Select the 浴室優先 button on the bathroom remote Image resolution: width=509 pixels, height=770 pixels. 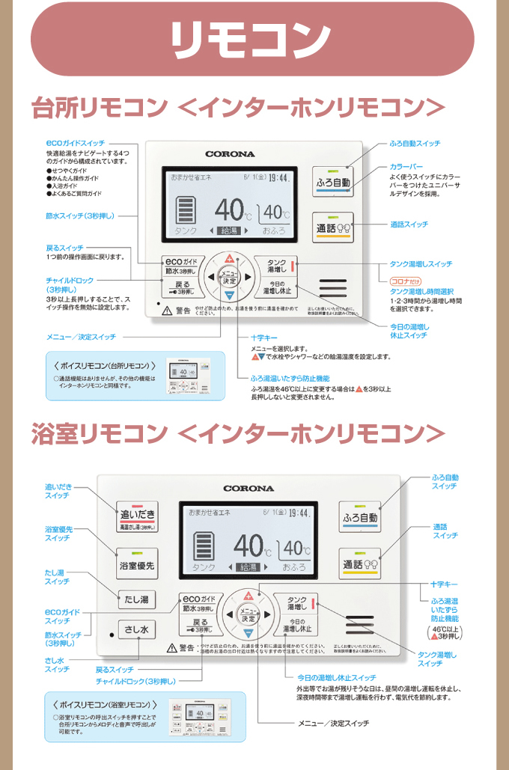pyautogui.click(x=135, y=566)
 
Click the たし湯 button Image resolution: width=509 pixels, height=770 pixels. pyautogui.click(x=135, y=599)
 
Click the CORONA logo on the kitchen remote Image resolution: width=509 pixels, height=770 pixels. pyautogui.click(x=230, y=154)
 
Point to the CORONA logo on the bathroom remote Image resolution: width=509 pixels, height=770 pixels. pyautogui.click(x=249, y=489)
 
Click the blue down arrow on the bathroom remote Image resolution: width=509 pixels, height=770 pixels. pyautogui.click(x=249, y=634)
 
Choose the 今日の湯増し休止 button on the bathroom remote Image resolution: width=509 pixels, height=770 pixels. pyautogui.click(x=296, y=626)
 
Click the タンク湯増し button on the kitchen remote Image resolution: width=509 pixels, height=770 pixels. pyautogui.click(x=275, y=266)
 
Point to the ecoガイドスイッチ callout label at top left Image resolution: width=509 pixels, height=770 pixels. pyautogui.click(x=75, y=142)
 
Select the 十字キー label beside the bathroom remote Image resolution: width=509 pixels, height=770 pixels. pyautogui.click(x=445, y=584)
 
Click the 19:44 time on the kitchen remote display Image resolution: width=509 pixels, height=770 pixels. pyautogui.click(x=280, y=178)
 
